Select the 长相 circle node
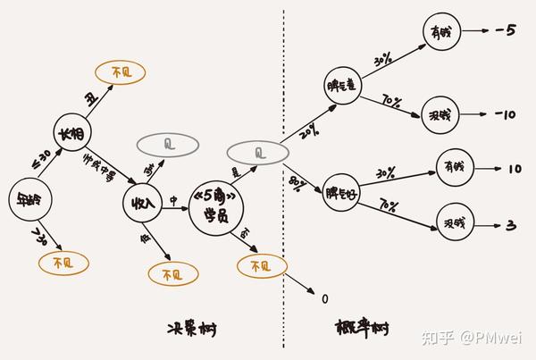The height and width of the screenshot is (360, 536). tap(72, 134)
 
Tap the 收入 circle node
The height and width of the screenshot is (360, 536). tap(143, 203)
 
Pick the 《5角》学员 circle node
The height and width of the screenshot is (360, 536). tap(218, 209)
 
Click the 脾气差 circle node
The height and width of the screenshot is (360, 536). tap(343, 87)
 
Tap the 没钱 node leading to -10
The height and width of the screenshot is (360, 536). tap(440, 117)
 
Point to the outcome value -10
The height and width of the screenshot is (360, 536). tap(506, 115)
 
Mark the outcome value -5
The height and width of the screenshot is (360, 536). tap(506, 31)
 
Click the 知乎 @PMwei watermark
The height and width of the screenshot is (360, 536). tap(473, 338)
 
